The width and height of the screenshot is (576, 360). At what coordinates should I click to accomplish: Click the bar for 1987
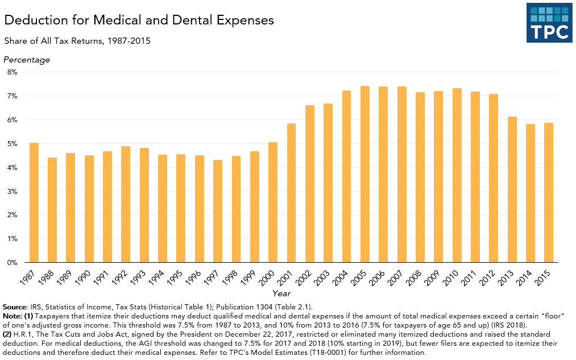(34, 202)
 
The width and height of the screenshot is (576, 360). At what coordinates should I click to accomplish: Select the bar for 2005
(365, 174)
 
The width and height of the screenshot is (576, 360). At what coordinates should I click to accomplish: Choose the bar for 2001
(292, 193)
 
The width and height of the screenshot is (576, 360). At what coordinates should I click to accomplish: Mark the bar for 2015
(549, 193)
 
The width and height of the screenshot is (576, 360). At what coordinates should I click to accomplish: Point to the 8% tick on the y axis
(12, 72)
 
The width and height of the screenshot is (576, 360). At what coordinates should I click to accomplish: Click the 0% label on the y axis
(12, 263)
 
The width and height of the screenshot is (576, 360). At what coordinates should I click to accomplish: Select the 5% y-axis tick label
(12, 144)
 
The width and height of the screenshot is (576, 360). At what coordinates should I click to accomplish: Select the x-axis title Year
(281, 293)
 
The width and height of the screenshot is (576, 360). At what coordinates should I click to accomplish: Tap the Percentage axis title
(27, 60)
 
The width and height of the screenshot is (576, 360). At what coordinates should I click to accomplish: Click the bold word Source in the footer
(15, 307)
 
